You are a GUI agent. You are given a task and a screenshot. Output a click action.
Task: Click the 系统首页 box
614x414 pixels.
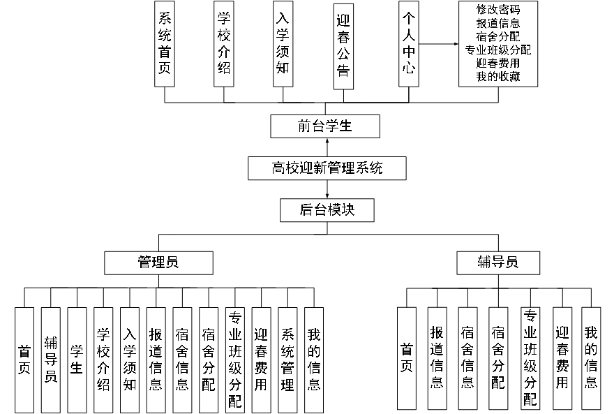click(x=165, y=43)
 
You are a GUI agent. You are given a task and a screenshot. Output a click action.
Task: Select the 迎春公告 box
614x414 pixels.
click(x=343, y=46)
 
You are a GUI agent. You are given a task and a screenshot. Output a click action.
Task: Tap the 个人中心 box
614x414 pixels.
click(x=409, y=43)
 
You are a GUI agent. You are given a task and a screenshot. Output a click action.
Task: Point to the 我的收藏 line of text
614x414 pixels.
click(x=497, y=76)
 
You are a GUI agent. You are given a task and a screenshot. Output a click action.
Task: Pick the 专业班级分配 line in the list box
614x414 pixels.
click(x=497, y=50)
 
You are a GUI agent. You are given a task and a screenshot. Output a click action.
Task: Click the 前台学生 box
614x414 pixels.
click(x=325, y=127)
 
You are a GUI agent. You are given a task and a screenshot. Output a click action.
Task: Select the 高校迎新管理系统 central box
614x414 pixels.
click(x=327, y=168)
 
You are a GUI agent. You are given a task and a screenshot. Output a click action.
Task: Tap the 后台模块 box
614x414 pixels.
click(x=327, y=209)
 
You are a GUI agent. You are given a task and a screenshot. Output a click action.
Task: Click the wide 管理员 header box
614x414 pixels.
click(x=158, y=263)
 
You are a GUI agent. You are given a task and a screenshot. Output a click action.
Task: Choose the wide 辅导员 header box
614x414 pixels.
click(x=497, y=263)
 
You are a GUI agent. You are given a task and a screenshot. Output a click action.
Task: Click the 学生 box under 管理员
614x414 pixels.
click(x=77, y=359)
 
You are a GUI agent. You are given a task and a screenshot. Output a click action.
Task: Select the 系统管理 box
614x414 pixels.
click(x=287, y=359)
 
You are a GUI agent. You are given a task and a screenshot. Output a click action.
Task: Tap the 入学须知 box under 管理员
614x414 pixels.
click(x=130, y=359)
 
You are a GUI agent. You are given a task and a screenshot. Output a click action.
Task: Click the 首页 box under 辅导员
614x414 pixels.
click(x=407, y=358)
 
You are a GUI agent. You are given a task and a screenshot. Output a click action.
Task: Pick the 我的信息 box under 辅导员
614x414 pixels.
click(x=591, y=358)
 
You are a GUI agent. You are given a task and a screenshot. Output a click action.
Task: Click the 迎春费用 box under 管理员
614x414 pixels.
click(x=261, y=359)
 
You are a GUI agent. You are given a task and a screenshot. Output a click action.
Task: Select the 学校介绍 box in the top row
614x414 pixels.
click(x=223, y=43)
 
